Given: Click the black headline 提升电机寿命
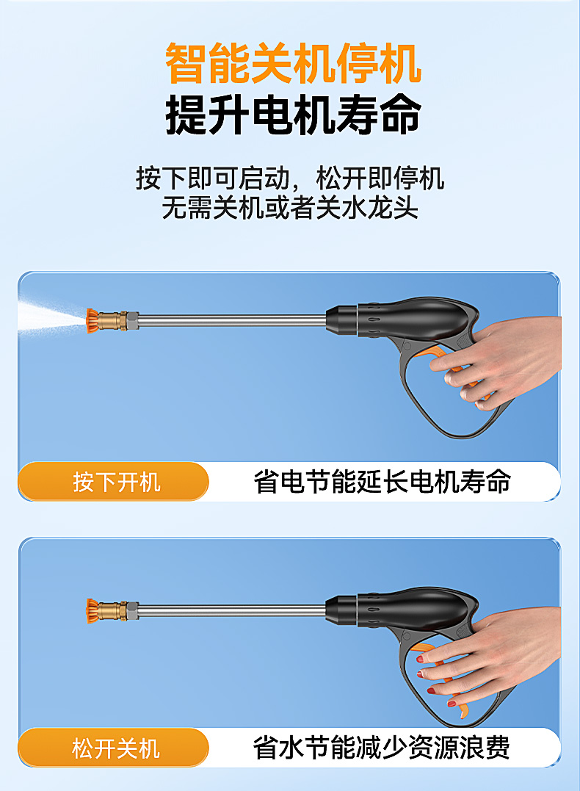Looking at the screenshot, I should click(293, 115).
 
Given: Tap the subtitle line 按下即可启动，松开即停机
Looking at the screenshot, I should click(290, 178).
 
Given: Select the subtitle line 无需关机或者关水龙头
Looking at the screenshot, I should click(290, 209).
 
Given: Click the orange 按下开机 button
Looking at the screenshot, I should click(115, 483).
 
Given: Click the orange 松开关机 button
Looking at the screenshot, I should click(115, 748).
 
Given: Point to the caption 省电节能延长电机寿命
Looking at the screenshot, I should click(382, 483).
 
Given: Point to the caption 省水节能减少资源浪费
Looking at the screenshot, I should click(382, 748).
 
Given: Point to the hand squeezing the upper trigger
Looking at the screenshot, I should click(514, 360).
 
